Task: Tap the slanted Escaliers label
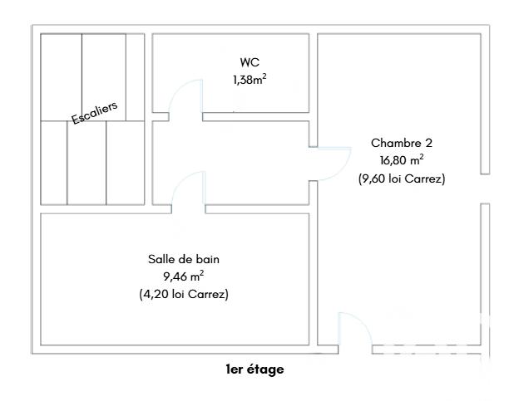tap(95, 114)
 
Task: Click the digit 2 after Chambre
tap(428, 143)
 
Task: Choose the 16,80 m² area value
tap(402, 160)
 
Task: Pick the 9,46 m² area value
tap(184, 276)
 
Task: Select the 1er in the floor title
tap(236, 369)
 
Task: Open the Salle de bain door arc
tap(186, 190)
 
